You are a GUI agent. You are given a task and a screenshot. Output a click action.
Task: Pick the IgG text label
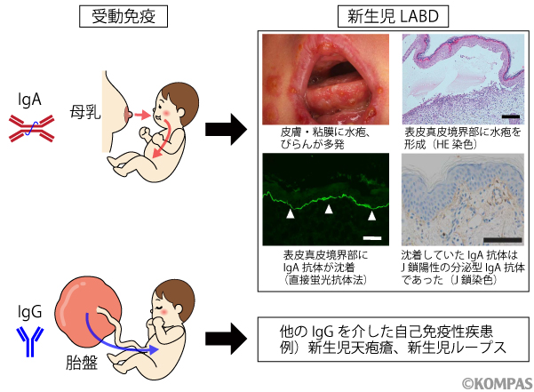tap(29, 313)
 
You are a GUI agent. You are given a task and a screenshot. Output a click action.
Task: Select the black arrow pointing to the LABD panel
tap(225, 129)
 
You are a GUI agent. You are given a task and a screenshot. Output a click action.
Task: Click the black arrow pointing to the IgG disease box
tap(225, 337)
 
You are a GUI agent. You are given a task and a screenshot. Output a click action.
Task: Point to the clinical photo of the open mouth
tap(326, 80)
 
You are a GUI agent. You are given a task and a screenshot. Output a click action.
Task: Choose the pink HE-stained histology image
tap(460, 80)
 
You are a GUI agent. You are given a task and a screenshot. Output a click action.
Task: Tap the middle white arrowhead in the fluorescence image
tap(329, 210)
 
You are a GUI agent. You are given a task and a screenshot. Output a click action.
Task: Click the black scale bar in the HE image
tap(509, 116)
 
